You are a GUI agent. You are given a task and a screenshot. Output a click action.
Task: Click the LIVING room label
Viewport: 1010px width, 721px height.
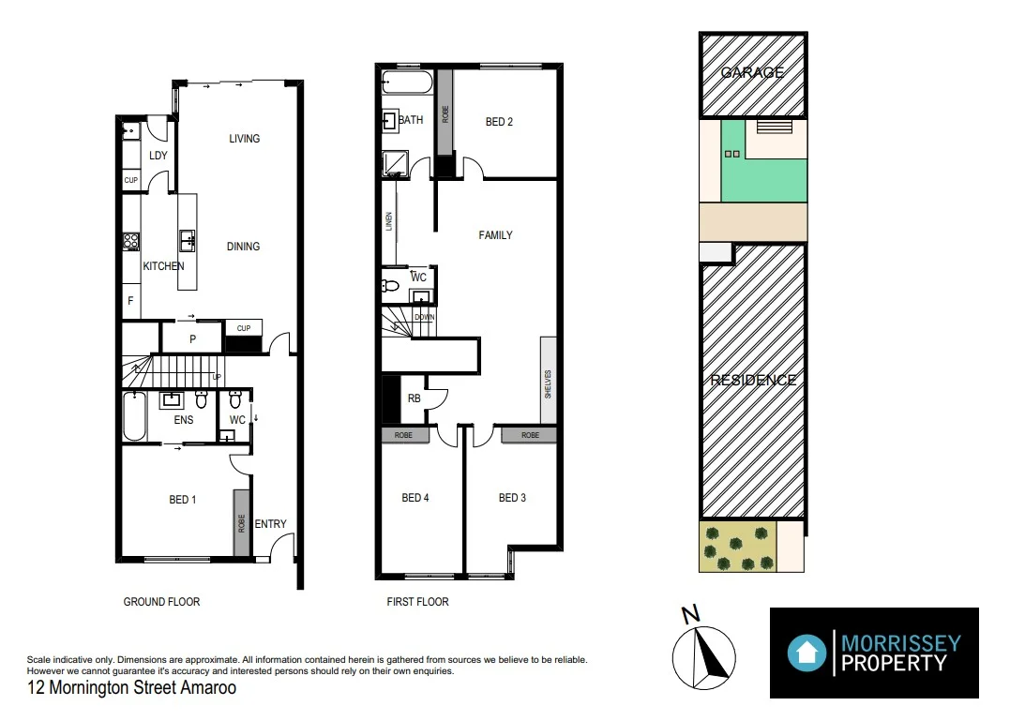[x=244, y=139]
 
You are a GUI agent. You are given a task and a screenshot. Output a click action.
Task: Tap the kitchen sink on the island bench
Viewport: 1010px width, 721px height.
[x=188, y=241]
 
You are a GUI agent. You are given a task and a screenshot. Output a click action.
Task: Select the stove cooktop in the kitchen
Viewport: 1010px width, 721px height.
[x=131, y=242]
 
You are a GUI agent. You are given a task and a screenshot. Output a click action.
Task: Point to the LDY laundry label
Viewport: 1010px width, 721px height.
[x=158, y=155]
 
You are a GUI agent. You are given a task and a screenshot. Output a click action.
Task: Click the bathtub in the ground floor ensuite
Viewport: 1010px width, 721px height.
[x=135, y=417]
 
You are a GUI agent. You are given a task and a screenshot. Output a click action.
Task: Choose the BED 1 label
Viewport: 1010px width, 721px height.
[x=183, y=500]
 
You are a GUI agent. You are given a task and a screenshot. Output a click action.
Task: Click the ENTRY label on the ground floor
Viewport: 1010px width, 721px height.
[x=270, y=524]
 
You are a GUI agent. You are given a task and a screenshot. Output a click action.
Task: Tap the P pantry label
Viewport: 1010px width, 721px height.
[x=192, y=339]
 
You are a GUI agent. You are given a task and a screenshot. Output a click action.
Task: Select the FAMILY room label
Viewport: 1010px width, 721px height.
[x=495, y=235]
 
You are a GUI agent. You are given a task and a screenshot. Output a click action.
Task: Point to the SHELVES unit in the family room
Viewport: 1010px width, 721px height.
[x=548, y=383]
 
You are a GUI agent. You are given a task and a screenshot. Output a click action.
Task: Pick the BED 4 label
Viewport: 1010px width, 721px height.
[x=415, y=498]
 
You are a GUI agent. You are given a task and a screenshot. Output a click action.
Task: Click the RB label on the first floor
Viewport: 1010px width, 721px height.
[x=414, y=398]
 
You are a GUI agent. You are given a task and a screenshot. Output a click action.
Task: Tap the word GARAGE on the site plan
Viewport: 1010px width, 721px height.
[x=752, y=72]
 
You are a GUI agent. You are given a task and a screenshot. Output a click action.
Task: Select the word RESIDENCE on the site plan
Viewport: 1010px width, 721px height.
[x=753, y=380]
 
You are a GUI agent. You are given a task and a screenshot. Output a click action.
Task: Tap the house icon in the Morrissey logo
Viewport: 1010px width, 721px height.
[x=806, y=652]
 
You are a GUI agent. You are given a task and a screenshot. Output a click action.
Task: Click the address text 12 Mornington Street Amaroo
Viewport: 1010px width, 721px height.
[x=131, y=688]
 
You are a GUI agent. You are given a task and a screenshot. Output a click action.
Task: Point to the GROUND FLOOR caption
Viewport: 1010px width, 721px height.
[x=161, y=602]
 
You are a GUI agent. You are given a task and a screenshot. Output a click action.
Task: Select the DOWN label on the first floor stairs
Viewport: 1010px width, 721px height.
[x=424, y=318]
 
